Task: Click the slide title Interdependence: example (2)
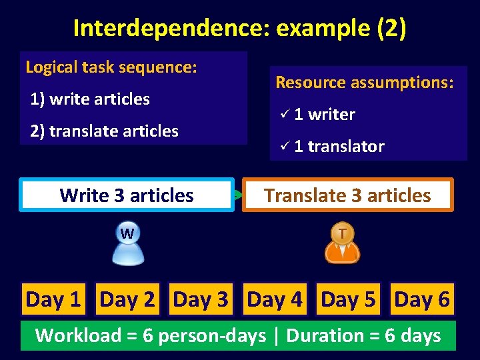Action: (x=239, y=28)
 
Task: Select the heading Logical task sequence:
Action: (x=111, y=67)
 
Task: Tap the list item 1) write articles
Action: (x=90, y=99)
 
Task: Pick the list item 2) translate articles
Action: (x=104, y=131)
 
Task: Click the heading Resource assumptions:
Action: (x=365, y=83)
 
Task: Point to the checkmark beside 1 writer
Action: (x=284, y=115)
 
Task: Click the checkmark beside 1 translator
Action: (x=284, y=147)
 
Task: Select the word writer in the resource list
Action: (x=331, y=115)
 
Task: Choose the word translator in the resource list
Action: (x=346, y=147)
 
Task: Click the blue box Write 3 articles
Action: (x=127, y=195)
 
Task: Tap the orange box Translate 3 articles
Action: (x=347, y=195)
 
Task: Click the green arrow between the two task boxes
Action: (x=238, y=195)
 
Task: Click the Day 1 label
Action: (x=53, y=300)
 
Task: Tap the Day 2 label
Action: (x=127, y=300)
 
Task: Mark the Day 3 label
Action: (x=201, y=300)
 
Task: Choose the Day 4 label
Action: (x=275, y=300)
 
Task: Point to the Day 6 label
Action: (x=422, y=300)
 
